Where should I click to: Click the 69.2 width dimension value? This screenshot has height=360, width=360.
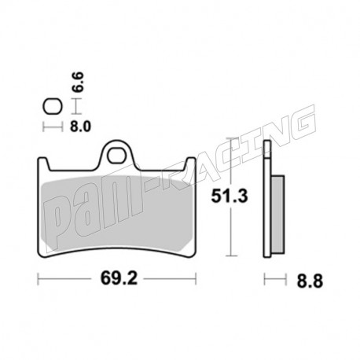point(119,278)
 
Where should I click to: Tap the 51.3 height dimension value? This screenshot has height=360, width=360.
point(230,197)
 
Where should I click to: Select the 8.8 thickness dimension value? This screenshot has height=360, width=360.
point(310,281)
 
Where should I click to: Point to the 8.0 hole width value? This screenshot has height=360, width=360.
point(80,127)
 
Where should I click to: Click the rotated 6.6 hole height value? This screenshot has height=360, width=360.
point(78,82)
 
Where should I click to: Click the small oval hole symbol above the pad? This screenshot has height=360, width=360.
point(53,107)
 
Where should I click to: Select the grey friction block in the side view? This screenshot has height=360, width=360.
point(278,215)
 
